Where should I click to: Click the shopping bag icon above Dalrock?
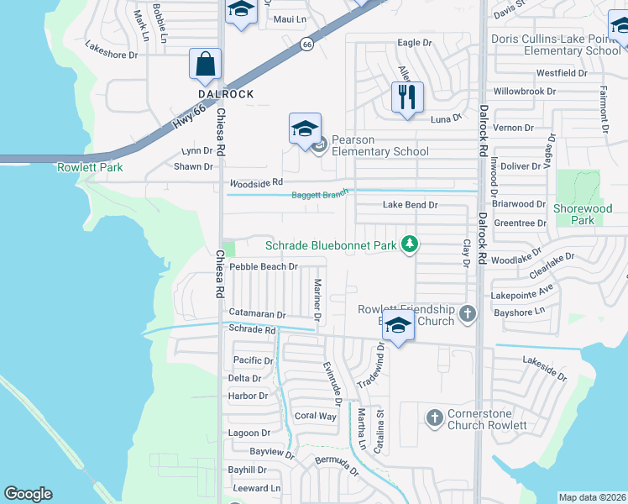tap(206, 64)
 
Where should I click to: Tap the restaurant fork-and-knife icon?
tap(407, 96)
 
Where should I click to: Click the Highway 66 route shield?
tap(308, 45)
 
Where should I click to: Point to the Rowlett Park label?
tap(90, 167)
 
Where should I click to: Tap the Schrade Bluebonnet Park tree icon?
tap(410, 244)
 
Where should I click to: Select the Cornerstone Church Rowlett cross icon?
tap(434, 417)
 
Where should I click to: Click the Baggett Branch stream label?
tap(319, 195)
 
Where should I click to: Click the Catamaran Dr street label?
tap(257, 313)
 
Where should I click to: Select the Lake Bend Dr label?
tap(410, 204)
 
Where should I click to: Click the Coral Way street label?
tap(315, 416)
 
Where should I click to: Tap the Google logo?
tap(28, 494)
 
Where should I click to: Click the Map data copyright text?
tap(592, 497)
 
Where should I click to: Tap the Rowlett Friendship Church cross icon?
tap(468, 314)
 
